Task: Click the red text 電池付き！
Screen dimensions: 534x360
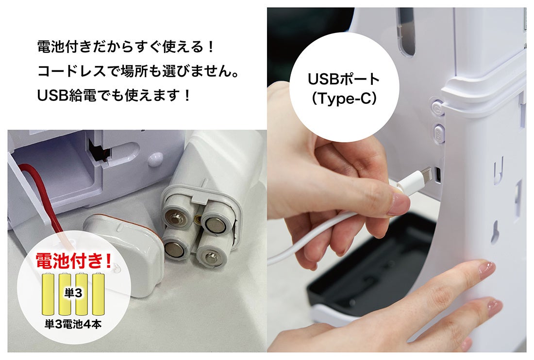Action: [x=74, y=261]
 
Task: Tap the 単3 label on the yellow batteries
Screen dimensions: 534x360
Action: [x=73, y=293]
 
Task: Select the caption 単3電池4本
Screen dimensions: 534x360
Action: [x=73, y=324]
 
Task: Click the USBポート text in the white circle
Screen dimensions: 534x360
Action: [x=343, y=79]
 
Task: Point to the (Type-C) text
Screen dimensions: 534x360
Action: [x=344, y=98]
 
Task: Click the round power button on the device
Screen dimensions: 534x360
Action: [x=437, y=108]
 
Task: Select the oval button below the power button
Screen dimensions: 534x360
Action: [x=438, y=131]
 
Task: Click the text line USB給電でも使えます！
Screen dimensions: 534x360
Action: [x=114, y=96]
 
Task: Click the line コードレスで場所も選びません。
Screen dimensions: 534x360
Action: [x=138, y=71]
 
